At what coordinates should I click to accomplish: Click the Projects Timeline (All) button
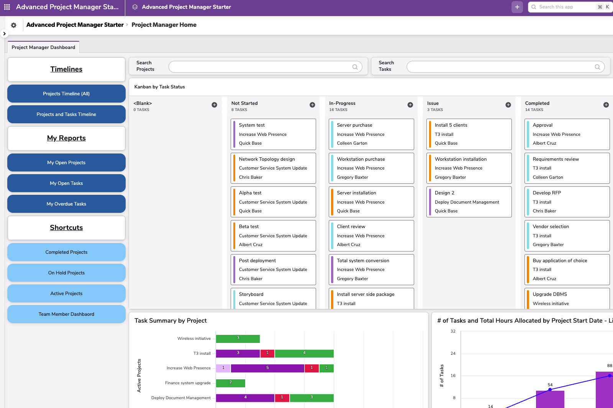click(x=66, y=94)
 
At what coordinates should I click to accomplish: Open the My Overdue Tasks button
click(x=66, y=204)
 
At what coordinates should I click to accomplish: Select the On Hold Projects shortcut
click(x=66, y=273)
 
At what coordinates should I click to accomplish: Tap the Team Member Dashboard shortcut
click(x=66, y=314)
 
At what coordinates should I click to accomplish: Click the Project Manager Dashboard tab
click(x=43, y=47)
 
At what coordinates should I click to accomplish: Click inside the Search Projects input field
click(x=261, y=67)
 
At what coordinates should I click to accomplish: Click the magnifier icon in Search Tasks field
click(x=597, y=67)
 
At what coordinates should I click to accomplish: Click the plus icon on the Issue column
click(x=508, y=105)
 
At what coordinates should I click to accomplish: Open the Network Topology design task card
click(x=273, y=168)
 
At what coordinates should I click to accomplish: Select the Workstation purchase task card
click(x=371, y=168)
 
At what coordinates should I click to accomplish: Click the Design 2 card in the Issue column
click(x=469, y=202)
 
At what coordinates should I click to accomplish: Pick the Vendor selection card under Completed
click(x=567, y=235)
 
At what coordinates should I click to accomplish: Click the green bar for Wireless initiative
click(x=238, y=339)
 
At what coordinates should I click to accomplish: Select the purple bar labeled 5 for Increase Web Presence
click(x=267, y=368)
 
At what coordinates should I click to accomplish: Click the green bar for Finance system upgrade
click(x=231, y=383)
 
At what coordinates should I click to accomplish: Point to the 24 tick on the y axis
click(x=453, y=353)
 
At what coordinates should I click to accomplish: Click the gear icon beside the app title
click(x=14, y=25)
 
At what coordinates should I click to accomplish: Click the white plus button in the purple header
click(x=517, y=7)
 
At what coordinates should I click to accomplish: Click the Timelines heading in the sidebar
click(x=66, y=69)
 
